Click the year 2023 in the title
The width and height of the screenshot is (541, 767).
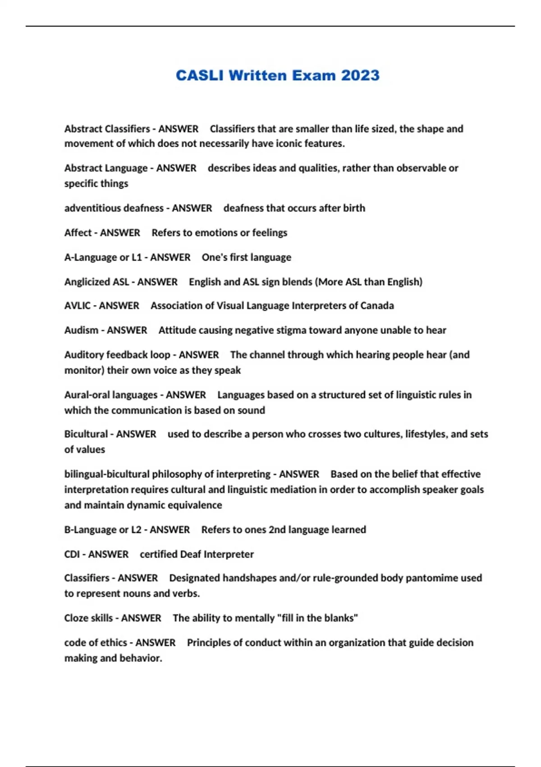[x=360, y=75]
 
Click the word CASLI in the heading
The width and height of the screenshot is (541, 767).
[x=199, y=75]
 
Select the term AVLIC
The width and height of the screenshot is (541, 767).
[x=78, y=306]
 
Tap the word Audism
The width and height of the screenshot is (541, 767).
[x=81, y=330]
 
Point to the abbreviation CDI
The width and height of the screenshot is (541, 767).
[x=72, y=554]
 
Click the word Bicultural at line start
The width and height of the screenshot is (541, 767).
[x=86, y=434]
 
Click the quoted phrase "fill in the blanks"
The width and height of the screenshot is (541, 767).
[x=319, y=618]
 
